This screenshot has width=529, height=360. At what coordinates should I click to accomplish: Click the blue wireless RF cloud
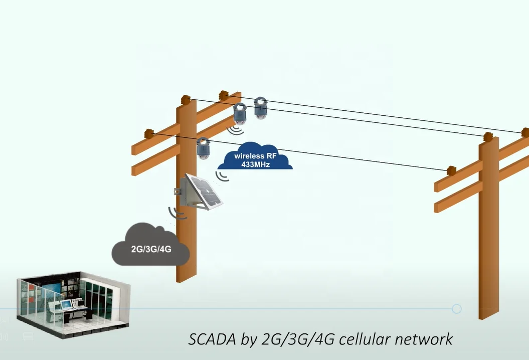pyautogui.click(x=255, y=159)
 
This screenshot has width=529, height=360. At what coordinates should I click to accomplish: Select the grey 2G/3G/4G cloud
pyautogui.click(x=150, y=245)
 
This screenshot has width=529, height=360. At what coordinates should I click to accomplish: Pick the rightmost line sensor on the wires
pyautogui.click(x=260, y=108)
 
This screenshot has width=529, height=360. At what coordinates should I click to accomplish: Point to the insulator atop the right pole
pyautogui.click(x=488, y=136)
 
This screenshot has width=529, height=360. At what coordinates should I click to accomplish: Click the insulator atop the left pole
pyautogui.click(x=186, y=100)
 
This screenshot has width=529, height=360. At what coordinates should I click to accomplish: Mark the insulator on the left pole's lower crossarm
pyautogui.click(x=148, y=133)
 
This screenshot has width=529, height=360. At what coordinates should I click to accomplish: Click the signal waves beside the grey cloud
pyautogui.click(x=177, y=213)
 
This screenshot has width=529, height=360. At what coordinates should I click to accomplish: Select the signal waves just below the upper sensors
pyautogui.click(x=235, y=130)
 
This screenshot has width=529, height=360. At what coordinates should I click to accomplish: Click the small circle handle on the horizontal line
pyautogui.click(x=456, y=309)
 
